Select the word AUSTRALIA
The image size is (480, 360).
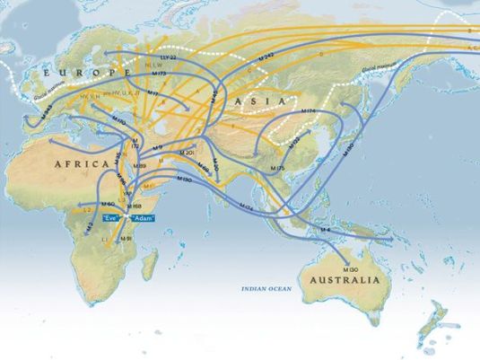[345, 280]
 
